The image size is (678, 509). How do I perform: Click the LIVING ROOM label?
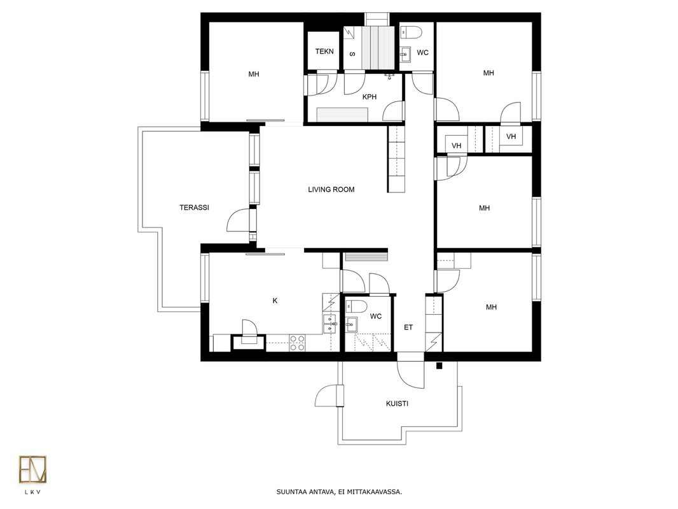pos(331,189)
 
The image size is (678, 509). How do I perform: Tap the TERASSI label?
pos(194,208)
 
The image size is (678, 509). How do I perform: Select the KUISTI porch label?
pos(397,403)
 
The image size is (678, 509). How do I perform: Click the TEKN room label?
pos(324,51)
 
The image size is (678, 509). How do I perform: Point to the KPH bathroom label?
pos(370,97)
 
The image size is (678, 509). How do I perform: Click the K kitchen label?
pos(275,301)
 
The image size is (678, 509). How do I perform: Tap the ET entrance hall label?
pos(408,327)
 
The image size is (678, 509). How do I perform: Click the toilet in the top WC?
pos(411,32)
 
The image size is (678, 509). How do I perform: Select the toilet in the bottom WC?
pos(357,306)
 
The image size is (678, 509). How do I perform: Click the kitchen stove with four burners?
pos(297,343)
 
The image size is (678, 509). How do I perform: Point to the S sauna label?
pos(352,54)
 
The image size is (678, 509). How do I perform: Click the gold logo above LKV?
pos(32,469)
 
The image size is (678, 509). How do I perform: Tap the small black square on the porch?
pos(439,366)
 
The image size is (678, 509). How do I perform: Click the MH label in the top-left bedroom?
pos(254,74)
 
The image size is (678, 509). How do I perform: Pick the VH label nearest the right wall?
pos(511,136)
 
